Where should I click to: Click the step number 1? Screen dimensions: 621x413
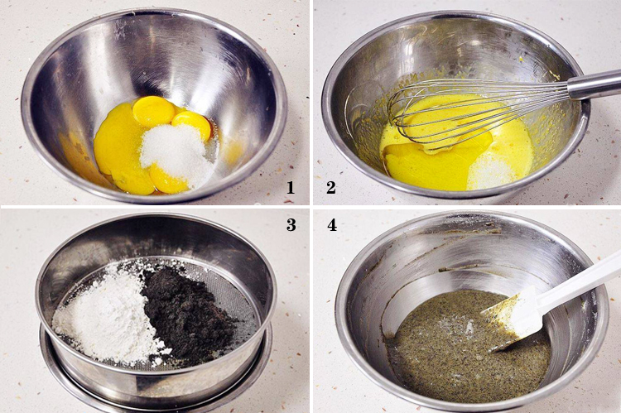291,187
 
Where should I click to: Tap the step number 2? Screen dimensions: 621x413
331,187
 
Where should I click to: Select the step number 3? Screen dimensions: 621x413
291,225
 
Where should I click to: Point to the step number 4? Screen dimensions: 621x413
332,225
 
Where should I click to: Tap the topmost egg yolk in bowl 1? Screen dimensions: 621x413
152,111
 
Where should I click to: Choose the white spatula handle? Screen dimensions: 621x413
578,281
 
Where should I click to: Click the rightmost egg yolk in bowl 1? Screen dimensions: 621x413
192,125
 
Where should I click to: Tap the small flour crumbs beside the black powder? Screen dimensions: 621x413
161,354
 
